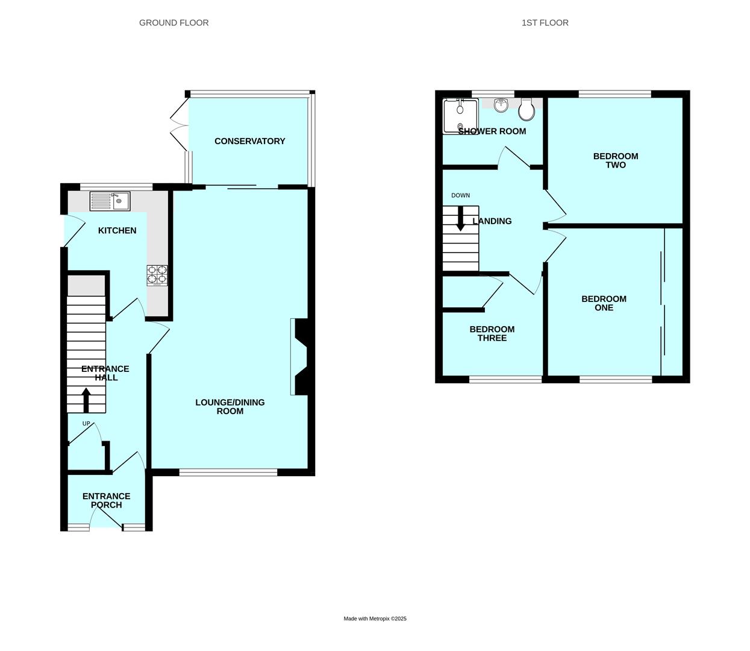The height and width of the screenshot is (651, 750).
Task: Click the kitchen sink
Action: click(x=110, y=201)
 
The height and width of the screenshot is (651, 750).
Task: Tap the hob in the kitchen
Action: click(x=157, y=275)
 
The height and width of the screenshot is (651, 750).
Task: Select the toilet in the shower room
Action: click(x=526, y=109)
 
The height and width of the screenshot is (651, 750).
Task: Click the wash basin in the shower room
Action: click(x=501, y=106)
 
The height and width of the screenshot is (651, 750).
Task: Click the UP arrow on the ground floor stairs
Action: click(x=86, y=400)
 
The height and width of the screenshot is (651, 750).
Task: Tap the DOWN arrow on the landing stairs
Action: click(x=460, y=219)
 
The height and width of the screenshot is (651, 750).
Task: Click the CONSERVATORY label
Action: click(x=249, y=141)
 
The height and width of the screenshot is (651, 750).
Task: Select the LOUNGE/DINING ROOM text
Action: click(x=230, y=407)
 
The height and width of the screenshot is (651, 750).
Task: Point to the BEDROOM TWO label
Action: click(x=615, y=160)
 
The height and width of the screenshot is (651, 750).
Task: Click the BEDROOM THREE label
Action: click(x=492, y=333)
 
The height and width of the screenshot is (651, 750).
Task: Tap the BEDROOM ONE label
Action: click(x=604, y=303)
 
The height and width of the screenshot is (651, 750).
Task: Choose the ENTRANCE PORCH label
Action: click(x=106, y=500)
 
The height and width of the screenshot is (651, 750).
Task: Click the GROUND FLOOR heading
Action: click(x=173, y=23)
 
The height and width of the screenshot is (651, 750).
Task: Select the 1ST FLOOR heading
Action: click(x=545, y=23)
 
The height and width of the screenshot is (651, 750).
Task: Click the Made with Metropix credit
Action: click(x=375, y=618)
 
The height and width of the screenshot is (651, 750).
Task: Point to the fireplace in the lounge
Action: click(x=299, y=356)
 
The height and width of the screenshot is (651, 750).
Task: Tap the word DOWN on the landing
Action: click(x=460, y=195)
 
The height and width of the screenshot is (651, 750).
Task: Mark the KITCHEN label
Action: click(x=117, y=230)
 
